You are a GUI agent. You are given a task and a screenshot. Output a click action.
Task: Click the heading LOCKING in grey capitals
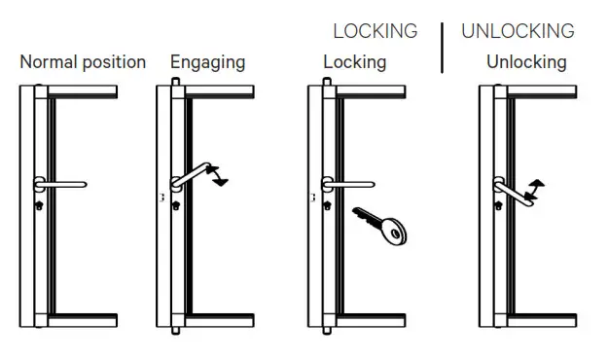click(x=375, y=31)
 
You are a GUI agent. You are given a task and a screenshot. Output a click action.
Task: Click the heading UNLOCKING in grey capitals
click(x=518, y=31)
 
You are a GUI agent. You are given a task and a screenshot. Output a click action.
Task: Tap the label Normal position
click(x=83, y=62)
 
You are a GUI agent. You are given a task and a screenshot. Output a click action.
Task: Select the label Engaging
click(x=207, y=62)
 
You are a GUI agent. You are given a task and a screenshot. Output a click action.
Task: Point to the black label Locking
click(x=354, y=62)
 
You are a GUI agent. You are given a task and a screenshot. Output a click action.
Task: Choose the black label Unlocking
click(x=526, y=62)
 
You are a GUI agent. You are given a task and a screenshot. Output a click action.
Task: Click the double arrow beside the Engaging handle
click(x=220, y=174)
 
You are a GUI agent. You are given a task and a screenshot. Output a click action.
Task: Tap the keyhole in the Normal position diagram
click(x=39, y=205)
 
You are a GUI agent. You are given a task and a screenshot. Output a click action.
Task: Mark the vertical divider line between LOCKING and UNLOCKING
click(x=443, y=48)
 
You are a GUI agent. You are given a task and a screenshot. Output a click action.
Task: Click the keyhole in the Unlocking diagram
click(x=499, y=205)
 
